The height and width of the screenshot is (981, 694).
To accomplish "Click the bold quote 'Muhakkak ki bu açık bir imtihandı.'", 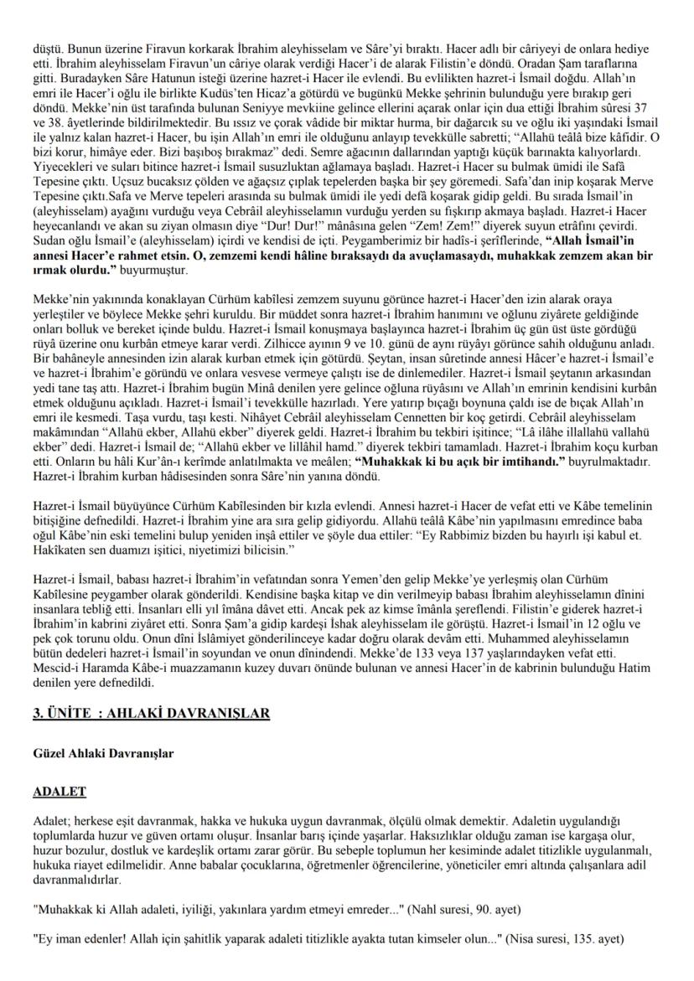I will pos(445,462).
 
